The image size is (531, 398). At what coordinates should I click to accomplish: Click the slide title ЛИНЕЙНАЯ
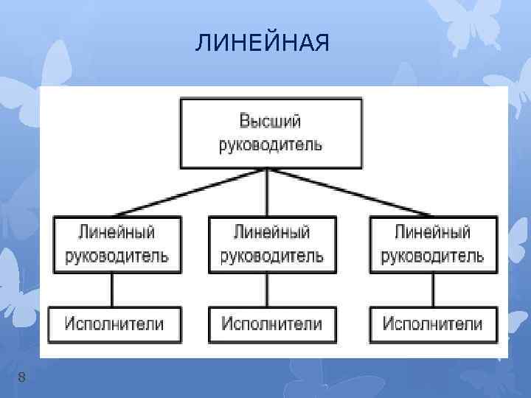pos(263,45)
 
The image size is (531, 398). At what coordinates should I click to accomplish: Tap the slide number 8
pos(22,377)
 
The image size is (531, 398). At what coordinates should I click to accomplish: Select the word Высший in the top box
pos(270,121)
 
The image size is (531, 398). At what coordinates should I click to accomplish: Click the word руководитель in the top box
pos(270,143)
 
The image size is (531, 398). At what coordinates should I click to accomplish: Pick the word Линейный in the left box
pos(117,233)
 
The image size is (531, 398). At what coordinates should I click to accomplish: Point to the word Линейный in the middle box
pos(271,233)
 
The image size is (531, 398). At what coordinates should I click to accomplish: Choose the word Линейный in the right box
pos(432,233)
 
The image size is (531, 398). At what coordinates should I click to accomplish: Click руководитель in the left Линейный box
pos(117,256)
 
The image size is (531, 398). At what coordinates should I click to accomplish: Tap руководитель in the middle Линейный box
pos(271,256)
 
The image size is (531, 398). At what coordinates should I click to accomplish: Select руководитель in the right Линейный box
pos(432,256)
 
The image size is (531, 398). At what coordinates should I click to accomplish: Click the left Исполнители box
pos(114,324)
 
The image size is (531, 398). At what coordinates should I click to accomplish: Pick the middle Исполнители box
pos(271,324)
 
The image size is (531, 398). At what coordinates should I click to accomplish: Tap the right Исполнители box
pos(433,324)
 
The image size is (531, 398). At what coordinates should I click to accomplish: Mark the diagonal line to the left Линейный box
pos(188,193)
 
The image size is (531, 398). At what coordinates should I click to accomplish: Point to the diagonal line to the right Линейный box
pos(347,193)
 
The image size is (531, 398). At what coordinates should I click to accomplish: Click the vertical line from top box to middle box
pos(267,193)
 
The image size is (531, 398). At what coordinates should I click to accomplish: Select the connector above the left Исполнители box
pos(112,290)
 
